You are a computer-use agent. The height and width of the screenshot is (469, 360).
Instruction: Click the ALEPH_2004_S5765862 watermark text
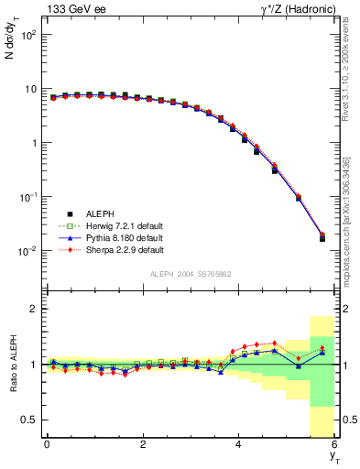click(x=191, y=274)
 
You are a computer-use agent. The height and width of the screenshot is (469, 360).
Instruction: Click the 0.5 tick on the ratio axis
click(x=29, y=420)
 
